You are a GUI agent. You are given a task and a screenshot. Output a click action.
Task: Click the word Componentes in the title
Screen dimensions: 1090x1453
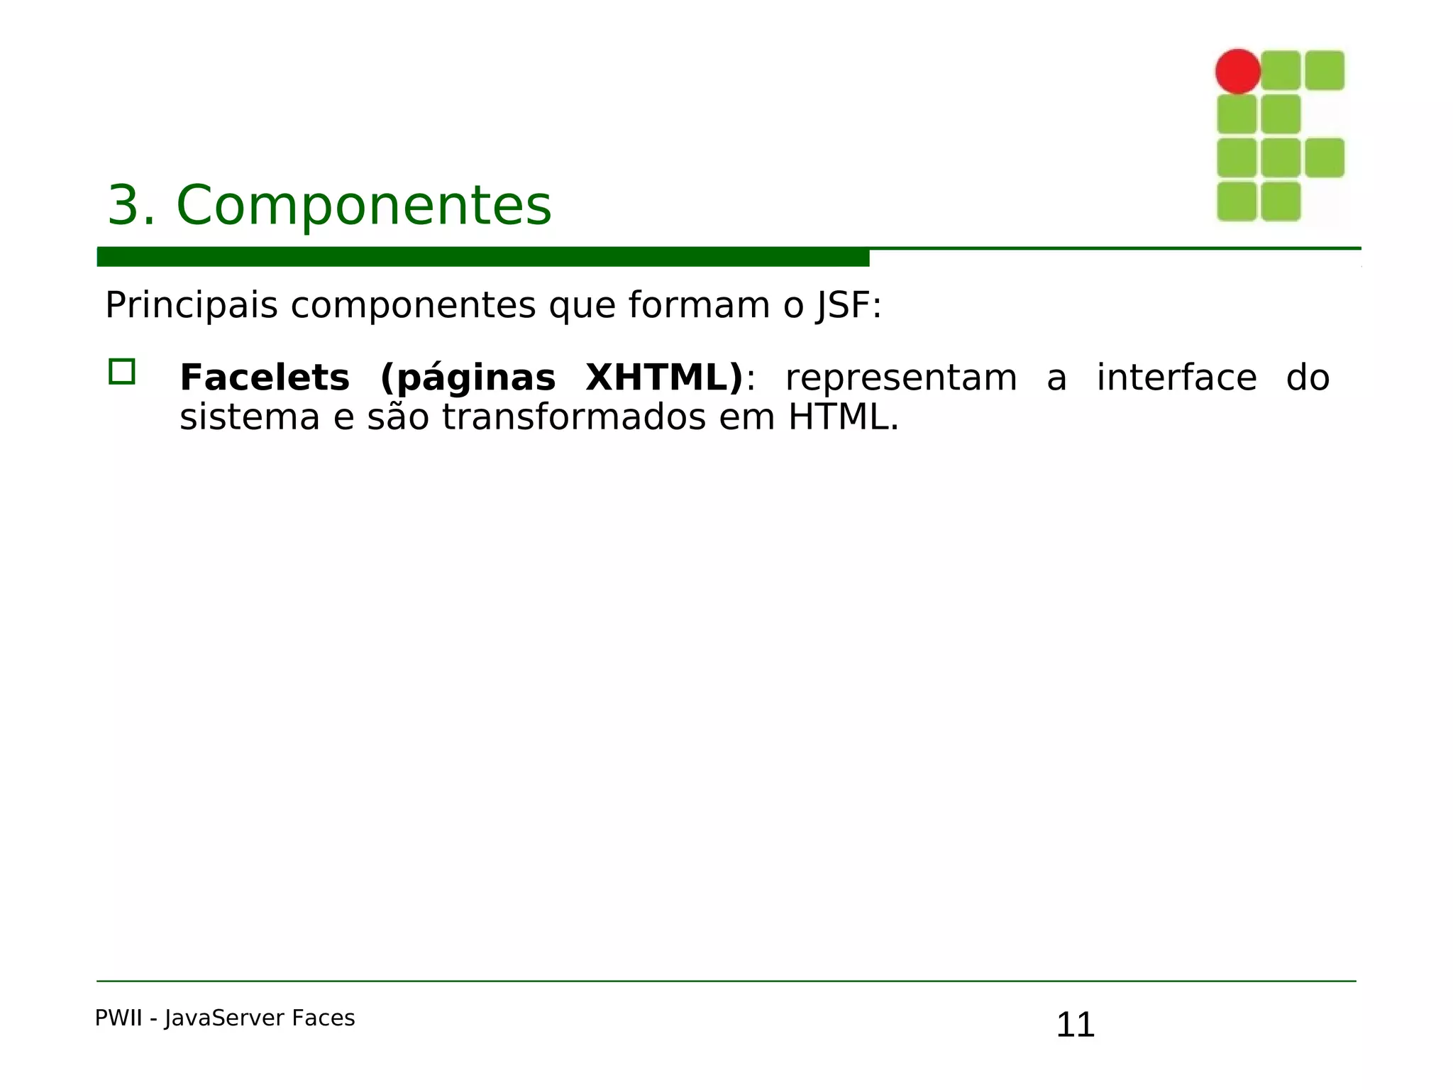[363, 206]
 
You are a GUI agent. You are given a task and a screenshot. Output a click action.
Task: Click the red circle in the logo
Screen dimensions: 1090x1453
[1237, 71]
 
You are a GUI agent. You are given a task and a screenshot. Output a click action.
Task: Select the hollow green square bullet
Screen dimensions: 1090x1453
[122, 372]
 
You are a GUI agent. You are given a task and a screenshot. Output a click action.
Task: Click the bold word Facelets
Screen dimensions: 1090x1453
[265, 378]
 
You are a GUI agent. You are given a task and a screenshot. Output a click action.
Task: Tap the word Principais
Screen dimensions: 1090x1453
[191, 306]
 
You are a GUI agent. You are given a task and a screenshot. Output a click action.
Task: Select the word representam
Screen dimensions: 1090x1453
[901, 378]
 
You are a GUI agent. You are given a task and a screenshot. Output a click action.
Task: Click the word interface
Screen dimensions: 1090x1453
[1176, 378]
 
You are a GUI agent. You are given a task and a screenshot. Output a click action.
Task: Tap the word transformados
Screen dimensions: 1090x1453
[573, 417]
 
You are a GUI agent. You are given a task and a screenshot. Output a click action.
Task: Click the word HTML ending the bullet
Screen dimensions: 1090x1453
[837, 417]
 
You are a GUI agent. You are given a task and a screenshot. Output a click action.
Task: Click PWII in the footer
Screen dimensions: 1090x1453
[118, 1018]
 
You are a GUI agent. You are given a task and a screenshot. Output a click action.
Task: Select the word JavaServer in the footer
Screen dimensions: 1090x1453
[224, 1018]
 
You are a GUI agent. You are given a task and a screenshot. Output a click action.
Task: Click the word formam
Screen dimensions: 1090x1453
[699, 306]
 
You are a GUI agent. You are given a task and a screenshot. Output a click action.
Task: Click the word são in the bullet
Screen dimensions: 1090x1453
[398, 417]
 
